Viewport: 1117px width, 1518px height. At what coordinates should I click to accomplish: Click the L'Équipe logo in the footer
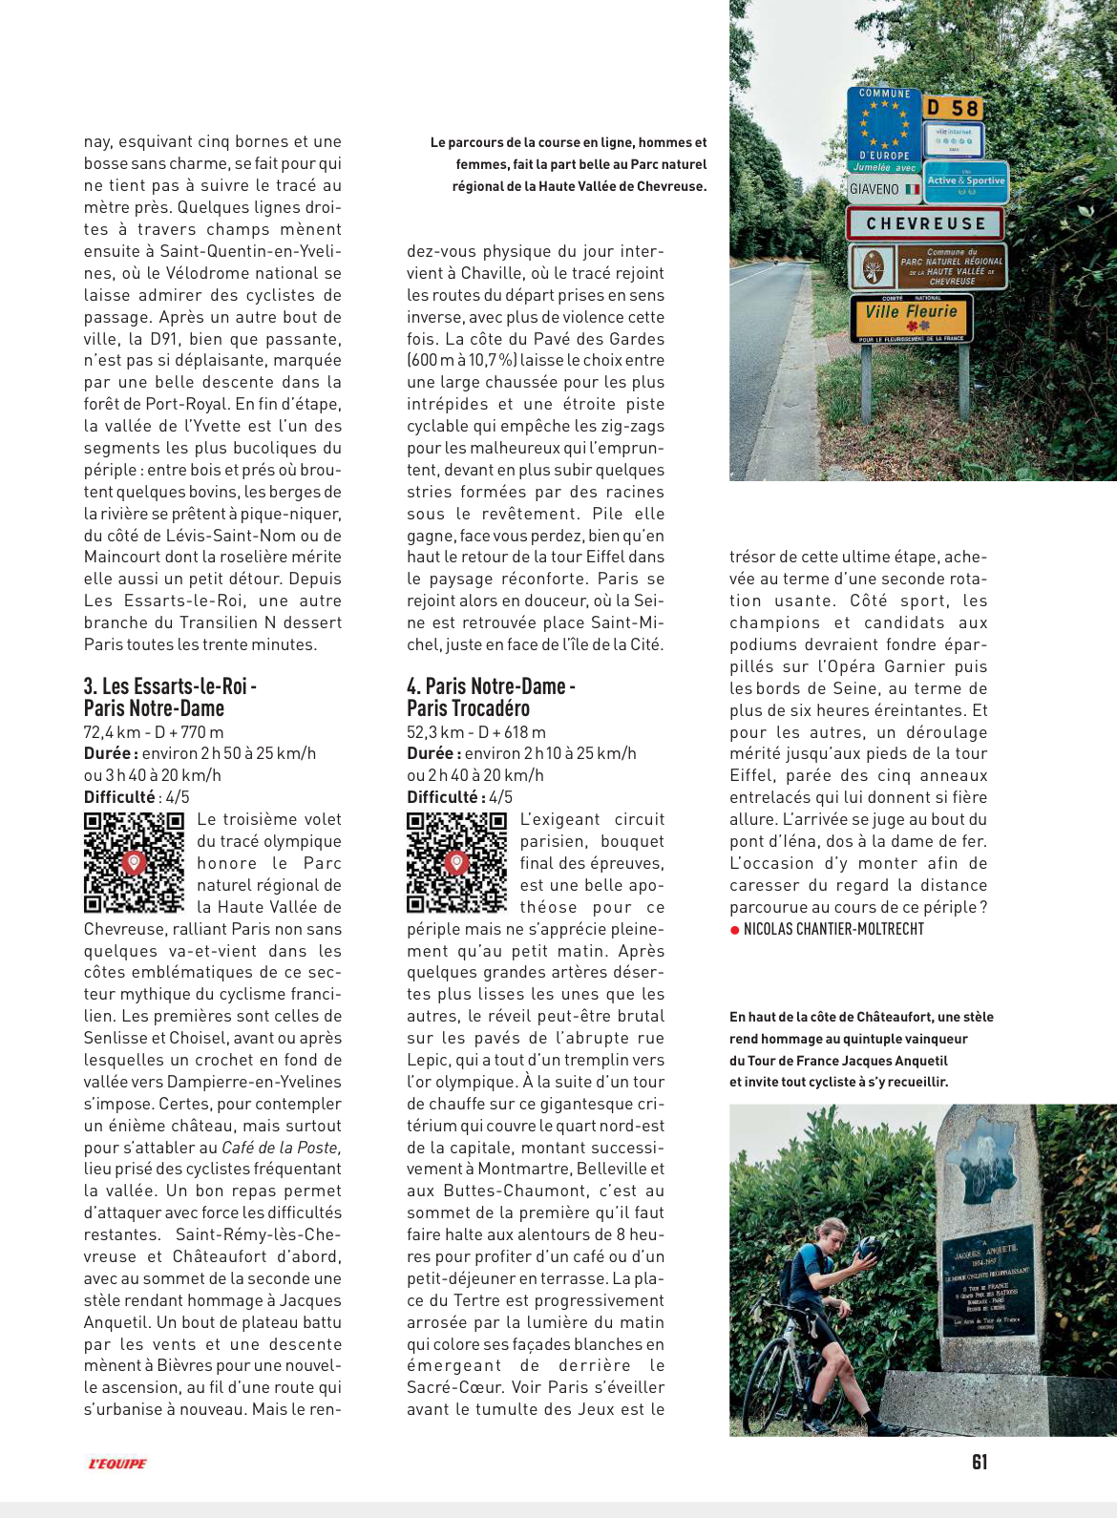(117, 1464)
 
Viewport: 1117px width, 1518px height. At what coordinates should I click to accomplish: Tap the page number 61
(980, 1462)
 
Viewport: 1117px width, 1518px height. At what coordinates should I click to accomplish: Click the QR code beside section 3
(134, 862)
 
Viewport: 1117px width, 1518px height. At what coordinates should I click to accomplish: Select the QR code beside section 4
(456, 862)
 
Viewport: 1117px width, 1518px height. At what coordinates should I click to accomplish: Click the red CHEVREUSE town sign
(924, 223)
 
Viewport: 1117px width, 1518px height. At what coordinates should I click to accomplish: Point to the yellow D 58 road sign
(953, 108)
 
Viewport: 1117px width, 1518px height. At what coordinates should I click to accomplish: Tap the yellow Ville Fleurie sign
(911, 318)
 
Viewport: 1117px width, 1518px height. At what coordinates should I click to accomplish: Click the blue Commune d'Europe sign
(884, 130)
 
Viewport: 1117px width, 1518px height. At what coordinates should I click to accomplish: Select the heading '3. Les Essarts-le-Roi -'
(170, 686)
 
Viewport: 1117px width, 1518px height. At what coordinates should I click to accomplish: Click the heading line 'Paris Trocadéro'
(468, 708)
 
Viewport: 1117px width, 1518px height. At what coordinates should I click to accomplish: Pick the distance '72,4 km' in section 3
(112, 732)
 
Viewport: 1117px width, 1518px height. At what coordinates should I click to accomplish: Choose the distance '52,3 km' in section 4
(434, 732)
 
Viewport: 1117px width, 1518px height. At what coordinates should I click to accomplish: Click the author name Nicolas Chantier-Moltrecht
(833, 929)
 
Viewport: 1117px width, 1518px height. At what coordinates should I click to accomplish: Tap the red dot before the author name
(734, 930)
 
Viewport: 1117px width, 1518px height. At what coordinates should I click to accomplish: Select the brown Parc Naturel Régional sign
(924, 267)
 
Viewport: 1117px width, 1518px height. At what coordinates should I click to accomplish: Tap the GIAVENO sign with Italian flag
(884, 189)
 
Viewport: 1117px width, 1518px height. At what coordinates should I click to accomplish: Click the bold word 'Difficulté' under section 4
(442, 797)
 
